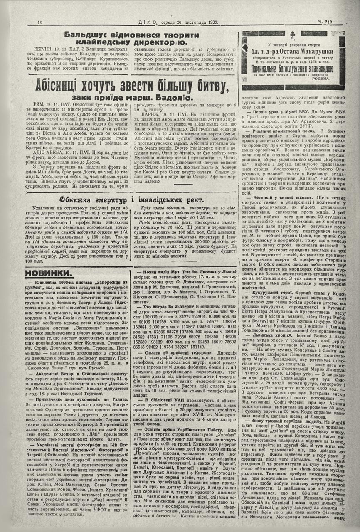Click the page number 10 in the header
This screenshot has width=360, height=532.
[40, 22]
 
